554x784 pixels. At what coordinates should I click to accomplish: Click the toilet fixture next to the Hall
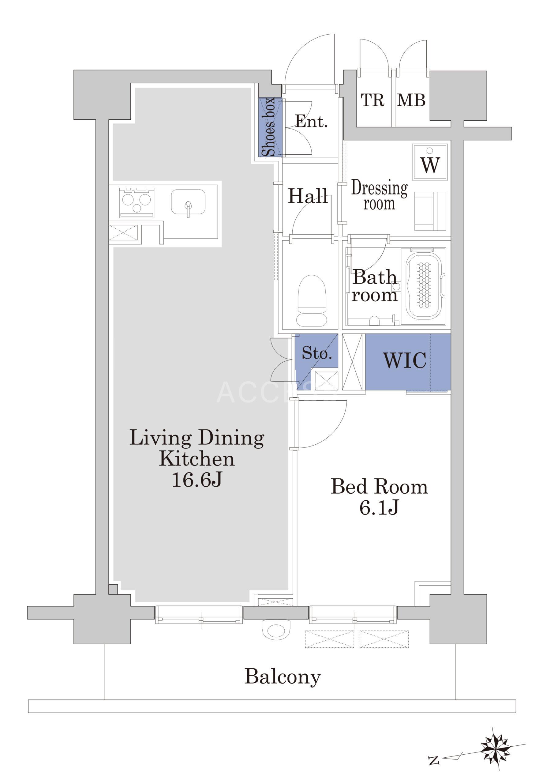[x=312, y=300]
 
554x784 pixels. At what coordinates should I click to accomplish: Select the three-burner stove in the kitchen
[x=137, y=202]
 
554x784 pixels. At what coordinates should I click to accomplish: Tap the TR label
[x=373, y=100]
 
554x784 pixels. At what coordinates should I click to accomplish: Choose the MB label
[x=411, y=100]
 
